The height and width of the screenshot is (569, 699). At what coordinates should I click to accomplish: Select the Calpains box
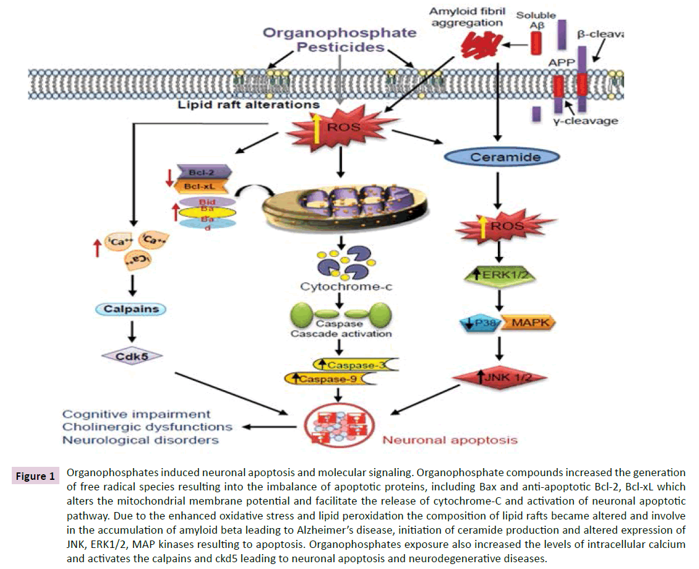click(131, 310)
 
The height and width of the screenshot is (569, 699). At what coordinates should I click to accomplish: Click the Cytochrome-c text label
click(338, 287)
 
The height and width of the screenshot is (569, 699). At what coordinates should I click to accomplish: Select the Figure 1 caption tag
click(35, 476)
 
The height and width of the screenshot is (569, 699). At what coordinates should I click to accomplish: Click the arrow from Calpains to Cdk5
click(131, 332)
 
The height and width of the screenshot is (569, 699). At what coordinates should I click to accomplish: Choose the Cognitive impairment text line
click(137, 414)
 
